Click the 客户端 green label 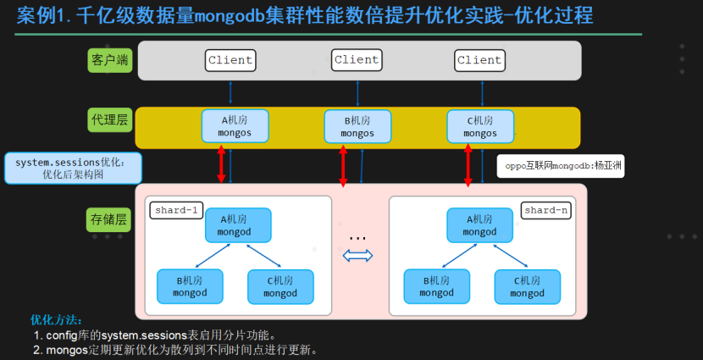tap(110, 60)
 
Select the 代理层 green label tap(110, 119)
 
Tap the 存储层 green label tap(108, 219)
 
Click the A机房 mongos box tap(235, 126)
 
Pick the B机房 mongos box tap(357, 126)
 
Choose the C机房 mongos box tap(480, 126)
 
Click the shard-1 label tap(176, 210)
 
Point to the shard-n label tap(546, 210)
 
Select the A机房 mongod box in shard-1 tap(238, 225)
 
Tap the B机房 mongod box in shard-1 tap(190, 286)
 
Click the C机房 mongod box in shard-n tap(527, 287)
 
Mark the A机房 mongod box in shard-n tap(479, 225)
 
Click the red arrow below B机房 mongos tap(343, 165)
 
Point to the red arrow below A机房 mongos tap(221, 163)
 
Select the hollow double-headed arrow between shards tap(357, 256)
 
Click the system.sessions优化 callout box tap(73, 168)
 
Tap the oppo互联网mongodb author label tap(561, 166)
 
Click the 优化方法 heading tap(56, 319)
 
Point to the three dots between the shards tap(357, 239)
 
